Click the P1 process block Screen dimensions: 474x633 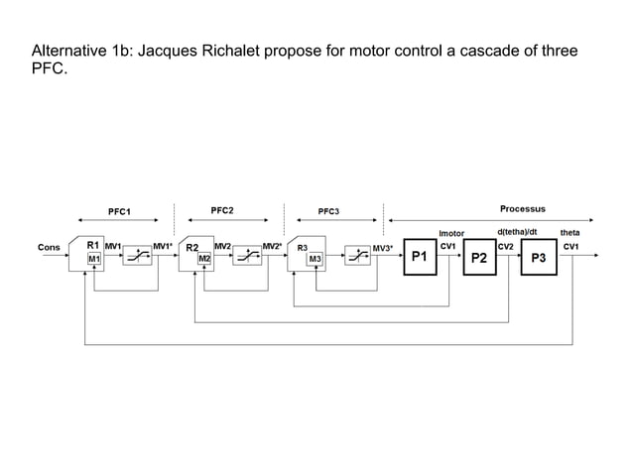419,257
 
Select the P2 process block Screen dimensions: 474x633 478,257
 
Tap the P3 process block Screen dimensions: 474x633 539,257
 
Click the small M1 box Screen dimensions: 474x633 94,259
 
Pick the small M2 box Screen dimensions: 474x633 204,259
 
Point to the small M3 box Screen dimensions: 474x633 315,259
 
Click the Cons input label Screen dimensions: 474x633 48,247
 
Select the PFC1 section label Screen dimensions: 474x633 119,211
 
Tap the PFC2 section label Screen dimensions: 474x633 222,210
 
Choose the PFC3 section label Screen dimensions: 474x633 328,211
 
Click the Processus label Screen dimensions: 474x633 522,209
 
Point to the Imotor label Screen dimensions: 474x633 451,234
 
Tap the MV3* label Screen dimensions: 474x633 382,247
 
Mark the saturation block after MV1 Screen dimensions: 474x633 136,257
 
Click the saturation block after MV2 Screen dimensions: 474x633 246,257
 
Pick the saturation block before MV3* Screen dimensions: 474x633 356,257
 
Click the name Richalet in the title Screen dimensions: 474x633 229,51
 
